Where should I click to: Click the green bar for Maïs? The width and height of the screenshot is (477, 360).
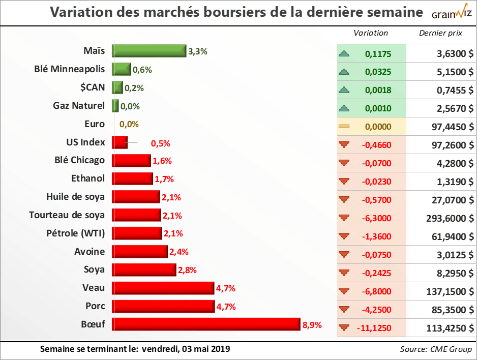point(149,51)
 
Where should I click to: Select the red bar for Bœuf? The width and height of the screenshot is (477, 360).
point(206,324)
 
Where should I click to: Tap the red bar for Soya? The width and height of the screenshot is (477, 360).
point(144,269)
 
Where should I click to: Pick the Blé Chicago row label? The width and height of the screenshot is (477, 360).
point(79,160)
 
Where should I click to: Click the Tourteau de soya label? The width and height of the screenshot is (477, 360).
point(67,215)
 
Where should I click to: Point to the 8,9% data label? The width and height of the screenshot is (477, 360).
point(312,325)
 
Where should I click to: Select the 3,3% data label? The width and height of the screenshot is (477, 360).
point(198,51)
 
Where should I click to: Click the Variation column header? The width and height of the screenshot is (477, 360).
point(371,33)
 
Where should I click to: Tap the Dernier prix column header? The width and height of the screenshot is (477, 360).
point(440,33)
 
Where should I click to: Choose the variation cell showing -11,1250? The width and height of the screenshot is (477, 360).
point(377,328)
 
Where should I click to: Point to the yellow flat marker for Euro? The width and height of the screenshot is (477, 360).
point(345,127)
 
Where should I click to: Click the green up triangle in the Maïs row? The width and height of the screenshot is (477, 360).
point(345,53)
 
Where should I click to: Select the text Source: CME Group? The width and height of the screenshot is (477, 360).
point(436,349)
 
